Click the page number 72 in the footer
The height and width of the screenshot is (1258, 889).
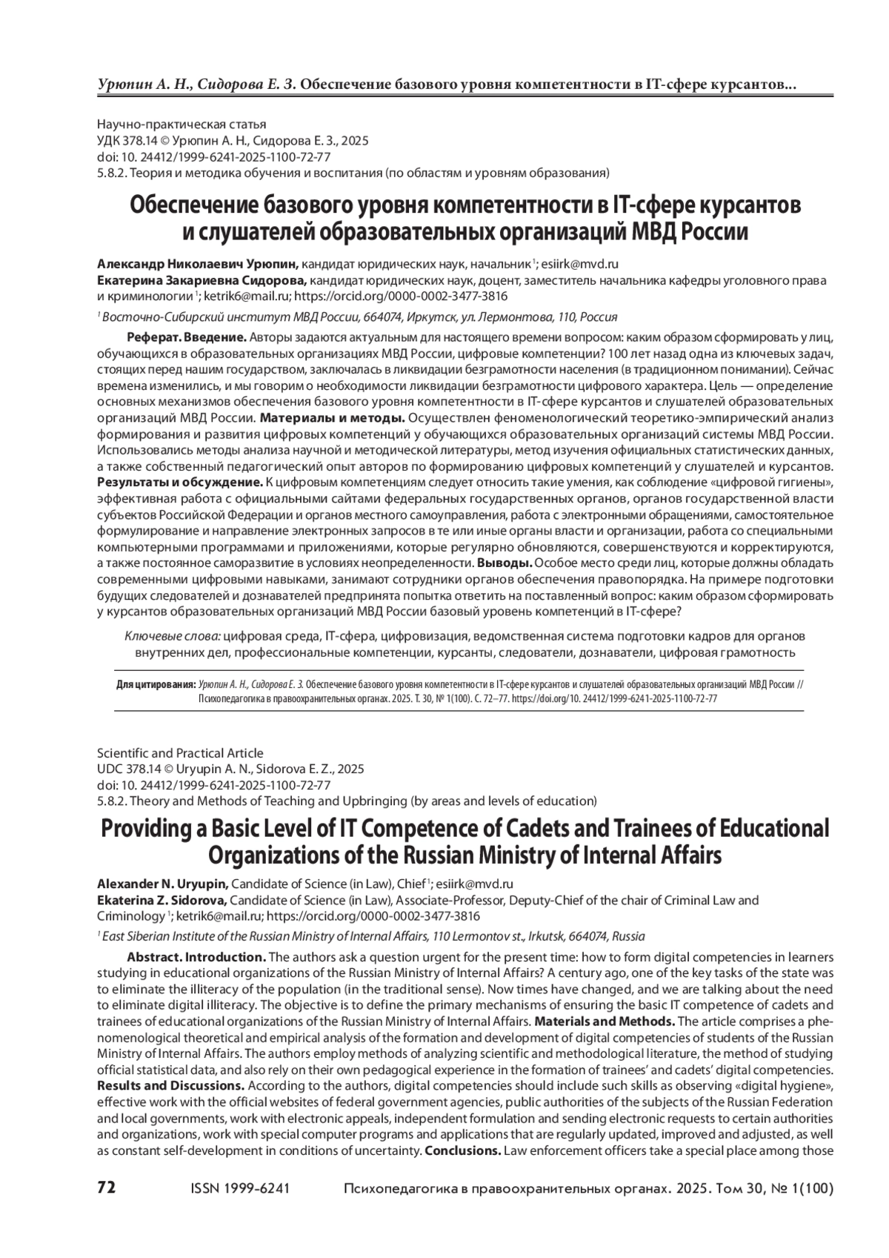tap(107, 1188)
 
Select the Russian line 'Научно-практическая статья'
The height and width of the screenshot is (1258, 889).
tap(182, 125)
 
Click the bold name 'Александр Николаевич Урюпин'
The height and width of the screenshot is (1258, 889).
tap(198, 263)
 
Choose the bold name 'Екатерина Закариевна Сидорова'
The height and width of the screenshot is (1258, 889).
tap(202, 280)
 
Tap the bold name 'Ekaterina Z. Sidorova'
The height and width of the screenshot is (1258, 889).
tap(163, 901)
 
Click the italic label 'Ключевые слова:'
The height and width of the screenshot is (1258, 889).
tap(173, 636)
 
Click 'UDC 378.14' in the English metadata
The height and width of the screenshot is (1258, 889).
tap(130, 769)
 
